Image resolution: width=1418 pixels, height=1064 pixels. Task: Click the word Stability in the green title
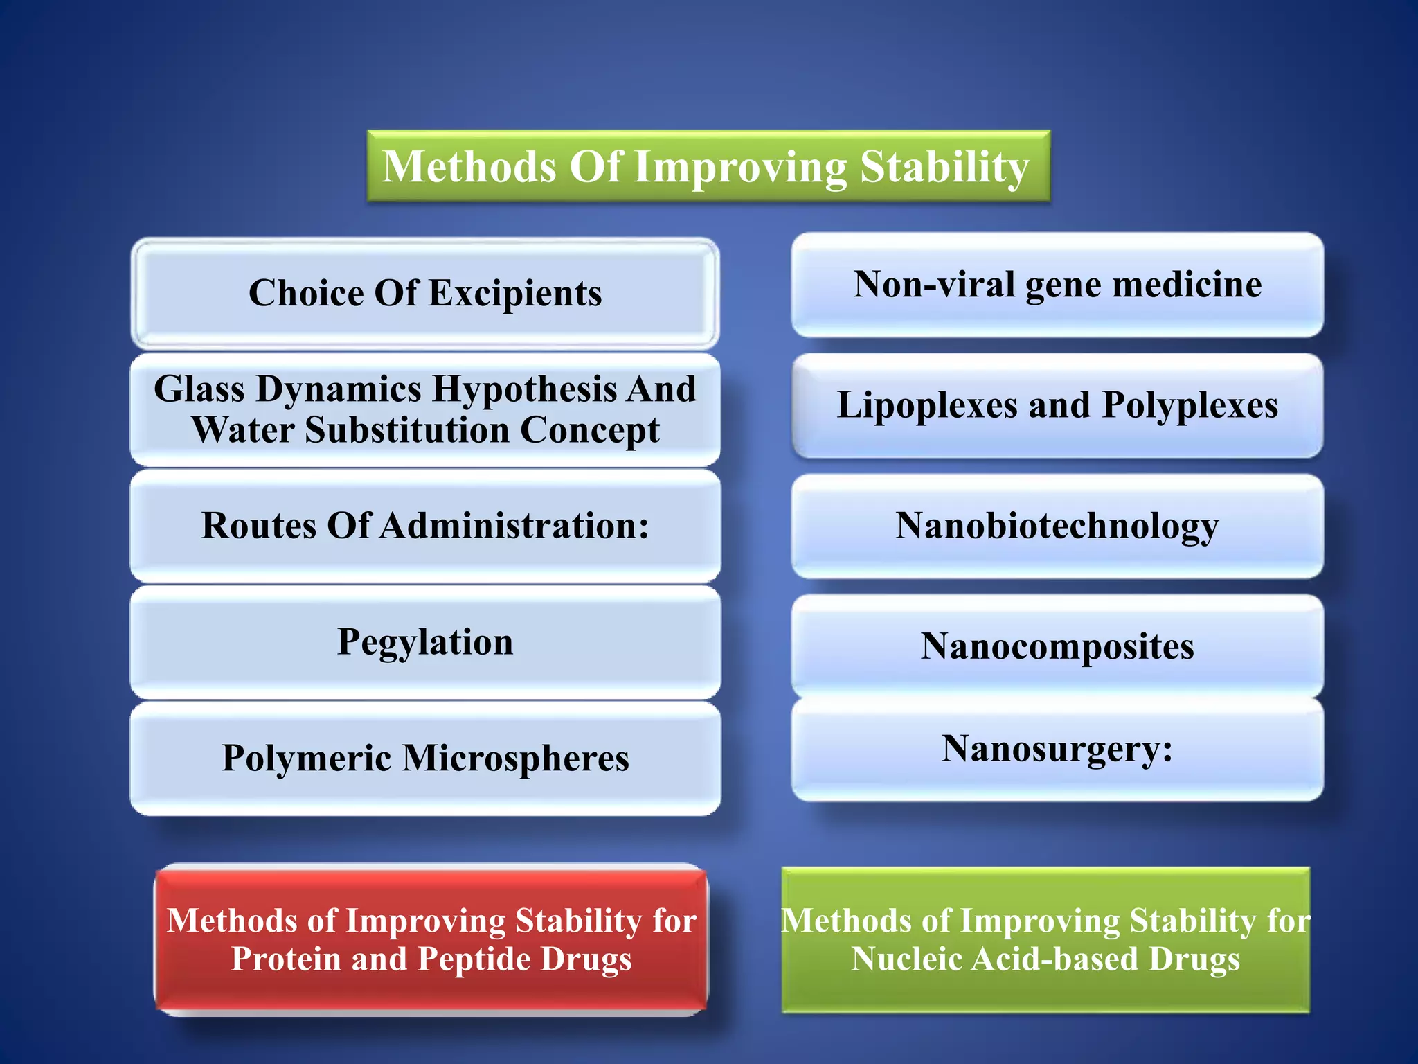[944, 168]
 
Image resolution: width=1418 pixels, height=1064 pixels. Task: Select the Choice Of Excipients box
[425, 293]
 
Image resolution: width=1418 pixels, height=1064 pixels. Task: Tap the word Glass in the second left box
[199, 389]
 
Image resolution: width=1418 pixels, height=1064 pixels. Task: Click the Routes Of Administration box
[425, 526]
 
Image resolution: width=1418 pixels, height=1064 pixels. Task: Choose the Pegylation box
[425, 642]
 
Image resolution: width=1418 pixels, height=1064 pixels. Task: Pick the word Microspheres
[516, 758]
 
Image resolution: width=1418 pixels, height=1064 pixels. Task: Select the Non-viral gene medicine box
[1057, 285]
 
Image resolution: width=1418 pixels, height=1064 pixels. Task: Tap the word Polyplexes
[1190, 405]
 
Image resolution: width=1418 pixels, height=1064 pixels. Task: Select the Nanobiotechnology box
[1057, 526]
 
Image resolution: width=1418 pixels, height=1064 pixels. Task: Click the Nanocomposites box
[1057, 646]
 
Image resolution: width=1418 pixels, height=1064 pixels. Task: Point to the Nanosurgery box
[1057, 749]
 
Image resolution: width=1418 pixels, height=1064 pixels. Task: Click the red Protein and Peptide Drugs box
[431, 939]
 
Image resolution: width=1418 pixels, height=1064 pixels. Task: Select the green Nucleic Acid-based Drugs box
[1045, 939]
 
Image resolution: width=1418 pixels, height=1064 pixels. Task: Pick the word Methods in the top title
[469, 168]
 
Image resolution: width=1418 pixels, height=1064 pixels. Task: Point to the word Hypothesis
[524, 389]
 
